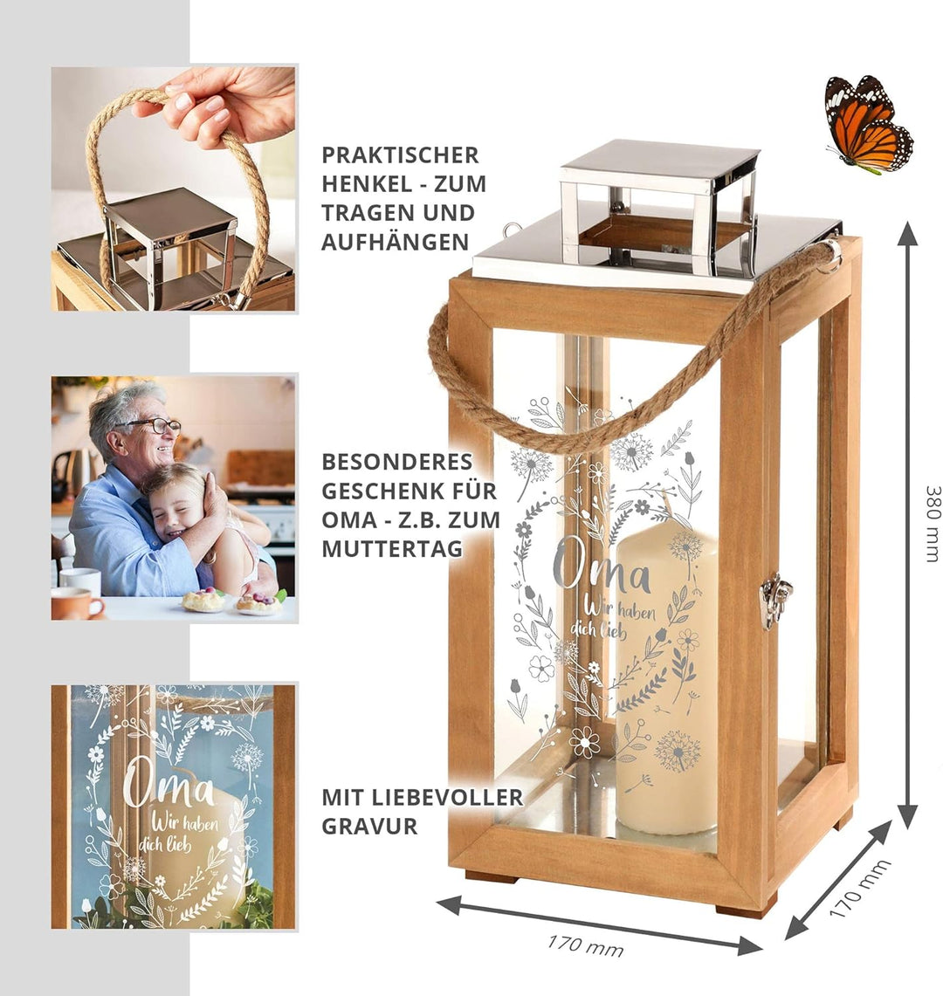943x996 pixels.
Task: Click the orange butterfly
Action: point(866,123)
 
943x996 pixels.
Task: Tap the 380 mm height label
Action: point(932,524)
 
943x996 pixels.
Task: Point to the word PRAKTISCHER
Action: point(400,155)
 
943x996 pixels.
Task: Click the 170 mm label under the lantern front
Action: point(585,944)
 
